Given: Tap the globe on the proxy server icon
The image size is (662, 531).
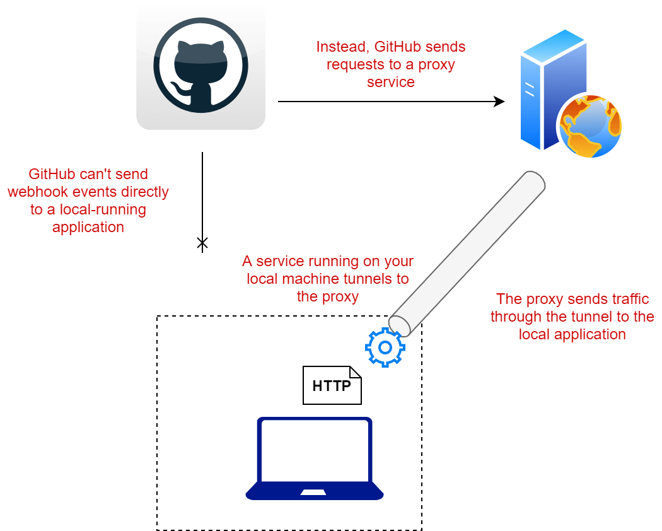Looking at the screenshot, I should point(589,126).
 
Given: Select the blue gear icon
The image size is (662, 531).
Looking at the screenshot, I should point(385,346).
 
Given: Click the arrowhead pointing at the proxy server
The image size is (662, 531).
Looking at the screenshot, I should point(499,101).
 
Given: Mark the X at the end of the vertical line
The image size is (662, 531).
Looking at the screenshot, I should point(202,243).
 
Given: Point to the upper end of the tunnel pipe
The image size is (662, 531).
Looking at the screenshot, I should point(535,180).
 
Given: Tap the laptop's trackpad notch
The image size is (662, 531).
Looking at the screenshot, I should point(313,491).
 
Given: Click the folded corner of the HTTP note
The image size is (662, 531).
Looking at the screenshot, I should point(356,372).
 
